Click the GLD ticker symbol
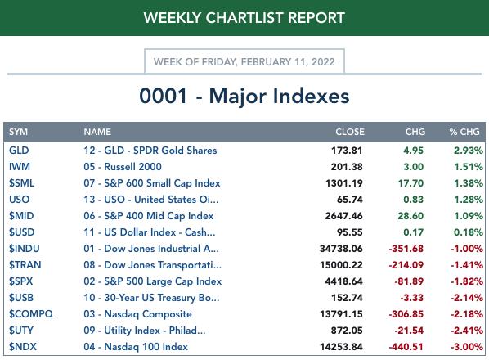pos(19,151)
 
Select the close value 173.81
pos(347,151)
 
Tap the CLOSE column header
pos(350,132)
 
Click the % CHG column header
pos(464,132)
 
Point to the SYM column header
pos(18,132)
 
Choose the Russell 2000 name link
pos(123,167)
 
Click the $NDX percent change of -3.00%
pos(467,347)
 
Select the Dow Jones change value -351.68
pos(406,249)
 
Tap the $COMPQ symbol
pos(31,314)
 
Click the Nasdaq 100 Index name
pos(136,347)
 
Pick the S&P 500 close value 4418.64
pos(344,281)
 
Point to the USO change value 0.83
pos(414,200)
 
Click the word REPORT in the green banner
pos(316,18)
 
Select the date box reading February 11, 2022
pos(244,61)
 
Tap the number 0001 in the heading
pos(163,96)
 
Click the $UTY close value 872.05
pos(347,330)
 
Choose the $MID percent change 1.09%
pos(469,216)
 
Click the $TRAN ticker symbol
pos(25,265)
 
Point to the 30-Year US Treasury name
pos(151,298)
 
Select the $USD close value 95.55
pos(350,232)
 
